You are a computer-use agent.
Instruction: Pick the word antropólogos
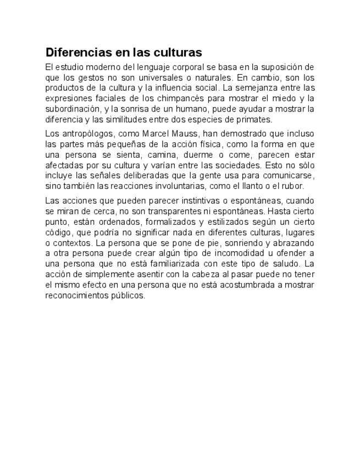pyautogui.click(x=86, y=134)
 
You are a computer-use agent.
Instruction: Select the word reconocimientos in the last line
pyautogui.click(x=76, y=295)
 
